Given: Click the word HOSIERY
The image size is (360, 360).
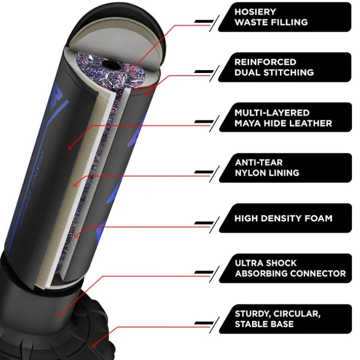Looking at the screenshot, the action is click(x=255, y=12).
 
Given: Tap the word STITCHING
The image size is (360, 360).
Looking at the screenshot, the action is click(x=288, y=72).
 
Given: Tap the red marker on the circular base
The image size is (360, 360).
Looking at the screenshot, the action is click(x=94, y=346).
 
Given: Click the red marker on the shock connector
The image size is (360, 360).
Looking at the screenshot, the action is click(x=60, y=316).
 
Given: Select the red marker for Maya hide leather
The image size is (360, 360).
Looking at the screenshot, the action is click(x=70, y=148).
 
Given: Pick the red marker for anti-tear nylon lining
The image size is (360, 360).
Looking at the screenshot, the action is click(x=75, y=185).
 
